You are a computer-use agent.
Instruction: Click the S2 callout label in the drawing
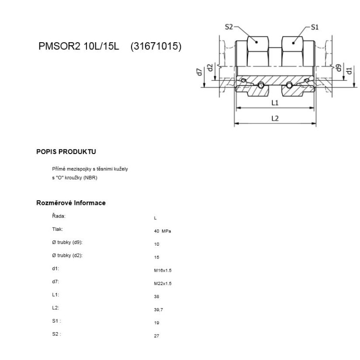(x=229, y=27)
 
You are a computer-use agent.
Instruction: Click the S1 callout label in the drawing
(x=314, y=27)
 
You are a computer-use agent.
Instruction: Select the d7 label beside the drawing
(x=199, y=72)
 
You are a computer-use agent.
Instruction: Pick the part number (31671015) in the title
(x=156, y=47)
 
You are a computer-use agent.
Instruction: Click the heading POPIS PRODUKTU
(x=66, y=152)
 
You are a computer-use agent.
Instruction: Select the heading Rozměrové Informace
(x=71, y=203)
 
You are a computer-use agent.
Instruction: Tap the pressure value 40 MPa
(x=160, y=231)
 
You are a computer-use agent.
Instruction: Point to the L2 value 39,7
(x=158, y=310)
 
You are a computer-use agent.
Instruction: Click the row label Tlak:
(x=57, y=229)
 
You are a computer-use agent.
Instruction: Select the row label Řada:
(x=59, y=216)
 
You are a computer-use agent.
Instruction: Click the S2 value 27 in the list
(x=156, y=336)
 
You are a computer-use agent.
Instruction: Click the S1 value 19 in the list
(x=156, y=323)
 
